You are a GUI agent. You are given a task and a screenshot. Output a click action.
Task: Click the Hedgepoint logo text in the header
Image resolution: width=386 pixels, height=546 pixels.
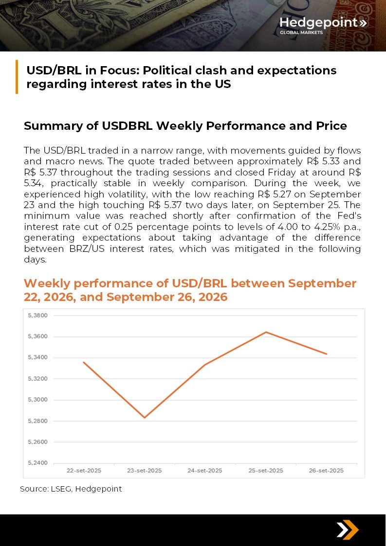(x=319, y=22)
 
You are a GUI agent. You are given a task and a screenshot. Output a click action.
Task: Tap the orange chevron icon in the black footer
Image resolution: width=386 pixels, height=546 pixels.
(x=348, y=530)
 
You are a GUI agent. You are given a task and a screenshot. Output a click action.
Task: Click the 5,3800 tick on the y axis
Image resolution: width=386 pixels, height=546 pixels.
(x=37, y=316)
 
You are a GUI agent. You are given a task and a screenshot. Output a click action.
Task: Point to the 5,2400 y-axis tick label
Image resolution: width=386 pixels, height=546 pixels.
(x=37, y=463)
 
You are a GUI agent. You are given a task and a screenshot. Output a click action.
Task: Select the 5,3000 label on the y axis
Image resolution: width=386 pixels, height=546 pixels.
(x=37, y=400)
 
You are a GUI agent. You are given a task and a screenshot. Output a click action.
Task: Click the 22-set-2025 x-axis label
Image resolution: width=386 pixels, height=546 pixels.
(x=84, y=471)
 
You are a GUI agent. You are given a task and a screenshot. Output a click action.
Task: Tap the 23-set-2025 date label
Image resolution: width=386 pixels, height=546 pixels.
(x=145, y=471)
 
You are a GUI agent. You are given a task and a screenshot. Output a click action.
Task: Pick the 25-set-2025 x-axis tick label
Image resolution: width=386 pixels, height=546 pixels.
(x=266, y=471)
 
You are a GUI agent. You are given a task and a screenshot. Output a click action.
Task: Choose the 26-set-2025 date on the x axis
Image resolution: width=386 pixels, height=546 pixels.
(x=327, y=471)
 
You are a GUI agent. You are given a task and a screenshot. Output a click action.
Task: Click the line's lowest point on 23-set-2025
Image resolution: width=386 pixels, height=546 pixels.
(x=145, y=418)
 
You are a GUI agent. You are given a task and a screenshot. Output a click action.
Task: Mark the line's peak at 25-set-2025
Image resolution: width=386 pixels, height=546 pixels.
(x=266, y=332)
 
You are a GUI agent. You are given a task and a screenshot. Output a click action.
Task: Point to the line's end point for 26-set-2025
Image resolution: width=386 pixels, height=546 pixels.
(x=327, y=354)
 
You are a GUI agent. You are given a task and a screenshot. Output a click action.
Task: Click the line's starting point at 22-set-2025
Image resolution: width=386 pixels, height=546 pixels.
(x=84, y=362)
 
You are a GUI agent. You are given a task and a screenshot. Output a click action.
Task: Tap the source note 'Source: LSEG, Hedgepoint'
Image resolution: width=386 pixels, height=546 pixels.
(x=71, y=489)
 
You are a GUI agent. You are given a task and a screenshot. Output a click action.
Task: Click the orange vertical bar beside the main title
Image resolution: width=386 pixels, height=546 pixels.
(x=17, y=77)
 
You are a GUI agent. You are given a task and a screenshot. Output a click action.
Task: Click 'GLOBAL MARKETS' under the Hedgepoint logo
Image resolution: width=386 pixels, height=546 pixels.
(x=301, y=33)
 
